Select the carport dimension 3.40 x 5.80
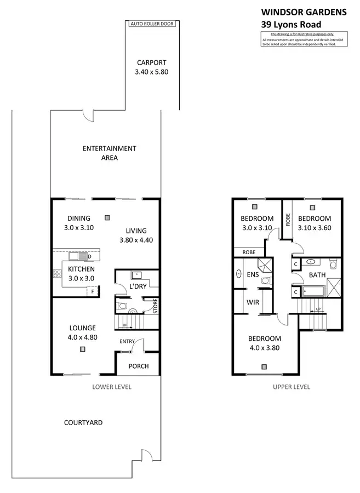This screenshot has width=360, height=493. (x=152, y=72)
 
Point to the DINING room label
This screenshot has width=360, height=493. (x=79, y=218)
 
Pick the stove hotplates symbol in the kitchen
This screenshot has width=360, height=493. (x=56, y=274)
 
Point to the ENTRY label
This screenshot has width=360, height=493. (x=127, y=342)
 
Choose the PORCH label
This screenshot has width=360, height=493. (x=138, y=366)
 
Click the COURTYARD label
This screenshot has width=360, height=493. (x=83, y=422)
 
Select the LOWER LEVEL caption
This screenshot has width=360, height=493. (x=112, y=387)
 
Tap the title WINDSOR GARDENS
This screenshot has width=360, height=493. (x=304, y=11)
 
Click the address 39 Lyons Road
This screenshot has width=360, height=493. (x=290, y=24)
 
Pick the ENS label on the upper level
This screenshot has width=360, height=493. (x=253, y=274)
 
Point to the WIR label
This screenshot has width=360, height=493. (x=253, y=302)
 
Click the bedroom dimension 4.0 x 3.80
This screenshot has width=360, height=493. (x=265, y=347)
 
